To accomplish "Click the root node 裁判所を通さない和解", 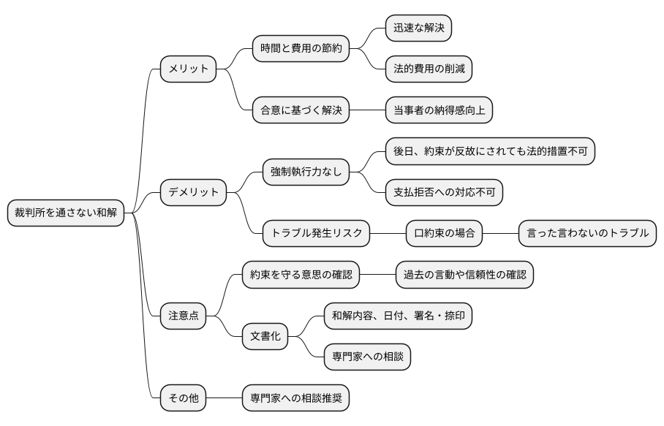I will (66, 213).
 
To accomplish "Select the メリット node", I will (189, 69).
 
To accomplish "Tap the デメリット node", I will (194, 192).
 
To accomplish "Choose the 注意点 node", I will (184, 316).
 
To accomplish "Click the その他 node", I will (184, 398).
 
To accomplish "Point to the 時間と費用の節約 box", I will (301, 49).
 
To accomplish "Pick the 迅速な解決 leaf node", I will (418, 28).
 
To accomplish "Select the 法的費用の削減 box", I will (429, 69).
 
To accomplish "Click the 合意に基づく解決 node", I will (301, 110).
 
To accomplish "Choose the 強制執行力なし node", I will (306, 172).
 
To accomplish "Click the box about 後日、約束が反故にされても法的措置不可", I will (490, 151).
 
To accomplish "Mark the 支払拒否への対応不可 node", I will (444, 192).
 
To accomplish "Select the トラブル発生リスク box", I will (316, 234).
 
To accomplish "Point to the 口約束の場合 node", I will (445, 234).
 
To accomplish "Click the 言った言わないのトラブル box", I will (587, 234).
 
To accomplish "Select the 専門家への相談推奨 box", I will (296, 398).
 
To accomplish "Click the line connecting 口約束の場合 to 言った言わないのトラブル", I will (501, 234).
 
